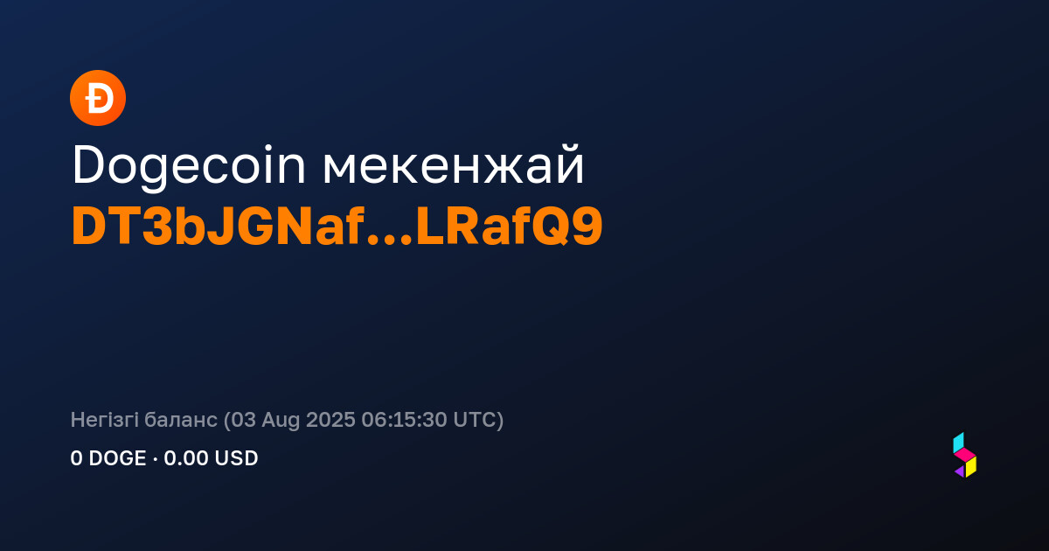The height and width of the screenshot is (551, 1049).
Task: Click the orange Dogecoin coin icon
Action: [98, 98]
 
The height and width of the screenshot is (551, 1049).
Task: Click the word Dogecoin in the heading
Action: [189, 166]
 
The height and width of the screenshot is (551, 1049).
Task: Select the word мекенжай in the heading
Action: [454, 164]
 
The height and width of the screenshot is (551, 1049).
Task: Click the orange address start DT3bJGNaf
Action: [219, 227]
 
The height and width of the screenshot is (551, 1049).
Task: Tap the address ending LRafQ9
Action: [509, 227]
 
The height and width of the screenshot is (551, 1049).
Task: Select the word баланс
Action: [181, 419]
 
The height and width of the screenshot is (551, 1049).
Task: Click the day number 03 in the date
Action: [243, 419]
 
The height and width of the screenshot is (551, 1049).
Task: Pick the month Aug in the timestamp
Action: [281, 421]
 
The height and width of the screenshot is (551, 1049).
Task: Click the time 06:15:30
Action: [404, 419]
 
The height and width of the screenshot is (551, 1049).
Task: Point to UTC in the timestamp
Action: [474, 419]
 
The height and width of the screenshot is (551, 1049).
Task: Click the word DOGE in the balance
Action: [117, 458]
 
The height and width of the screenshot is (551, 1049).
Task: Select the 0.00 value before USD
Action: [185, 458]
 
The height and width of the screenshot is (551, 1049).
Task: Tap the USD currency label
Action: [235, 458]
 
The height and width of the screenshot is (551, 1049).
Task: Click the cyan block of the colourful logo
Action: [958, 443]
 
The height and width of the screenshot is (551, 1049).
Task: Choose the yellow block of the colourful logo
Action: [971, 467]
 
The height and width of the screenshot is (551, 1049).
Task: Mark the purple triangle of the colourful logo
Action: [961, 471]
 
